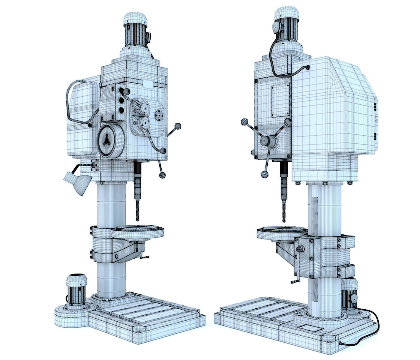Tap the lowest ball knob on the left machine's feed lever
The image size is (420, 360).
click(162, 175)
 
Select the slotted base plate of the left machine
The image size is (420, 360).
click(147, 318)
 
